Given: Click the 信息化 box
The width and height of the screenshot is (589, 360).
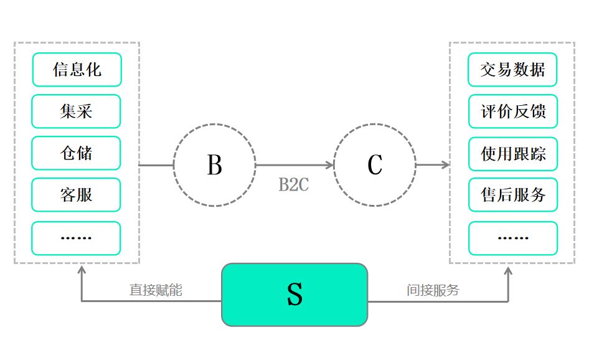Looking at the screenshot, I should point(77,69).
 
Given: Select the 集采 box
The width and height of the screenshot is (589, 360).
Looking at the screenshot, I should point(76,111).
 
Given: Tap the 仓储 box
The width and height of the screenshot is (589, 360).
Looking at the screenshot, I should point(76,153).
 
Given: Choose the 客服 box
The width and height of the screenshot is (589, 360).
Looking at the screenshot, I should point(76,195).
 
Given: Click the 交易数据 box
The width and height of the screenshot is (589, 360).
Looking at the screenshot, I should point(512,69).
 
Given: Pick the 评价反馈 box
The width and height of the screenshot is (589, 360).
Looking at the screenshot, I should point(512,111).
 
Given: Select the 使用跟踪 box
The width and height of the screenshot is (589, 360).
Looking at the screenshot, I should point(513,154).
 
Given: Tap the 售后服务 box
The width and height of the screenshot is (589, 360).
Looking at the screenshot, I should point(513,195).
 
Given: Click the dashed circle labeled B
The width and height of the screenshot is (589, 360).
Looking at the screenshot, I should point(214,165).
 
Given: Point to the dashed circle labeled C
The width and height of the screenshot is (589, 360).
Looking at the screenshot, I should point(375,165).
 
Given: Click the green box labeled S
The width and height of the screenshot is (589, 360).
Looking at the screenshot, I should point(294,295).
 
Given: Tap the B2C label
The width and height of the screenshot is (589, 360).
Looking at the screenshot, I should point(293,185).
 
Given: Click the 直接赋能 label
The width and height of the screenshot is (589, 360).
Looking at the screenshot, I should point(156,290).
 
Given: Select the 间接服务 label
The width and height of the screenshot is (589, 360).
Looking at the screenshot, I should point(433,290).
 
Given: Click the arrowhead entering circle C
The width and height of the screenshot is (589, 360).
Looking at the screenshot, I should point(330,165).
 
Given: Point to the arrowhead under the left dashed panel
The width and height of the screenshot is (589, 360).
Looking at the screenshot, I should point(82,270).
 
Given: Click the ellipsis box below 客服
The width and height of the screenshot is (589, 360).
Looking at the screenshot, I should point(76,238).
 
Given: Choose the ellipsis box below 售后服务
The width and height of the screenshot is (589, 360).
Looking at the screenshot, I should point(513,238).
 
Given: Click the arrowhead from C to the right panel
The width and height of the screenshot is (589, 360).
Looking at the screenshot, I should point(445,165).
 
